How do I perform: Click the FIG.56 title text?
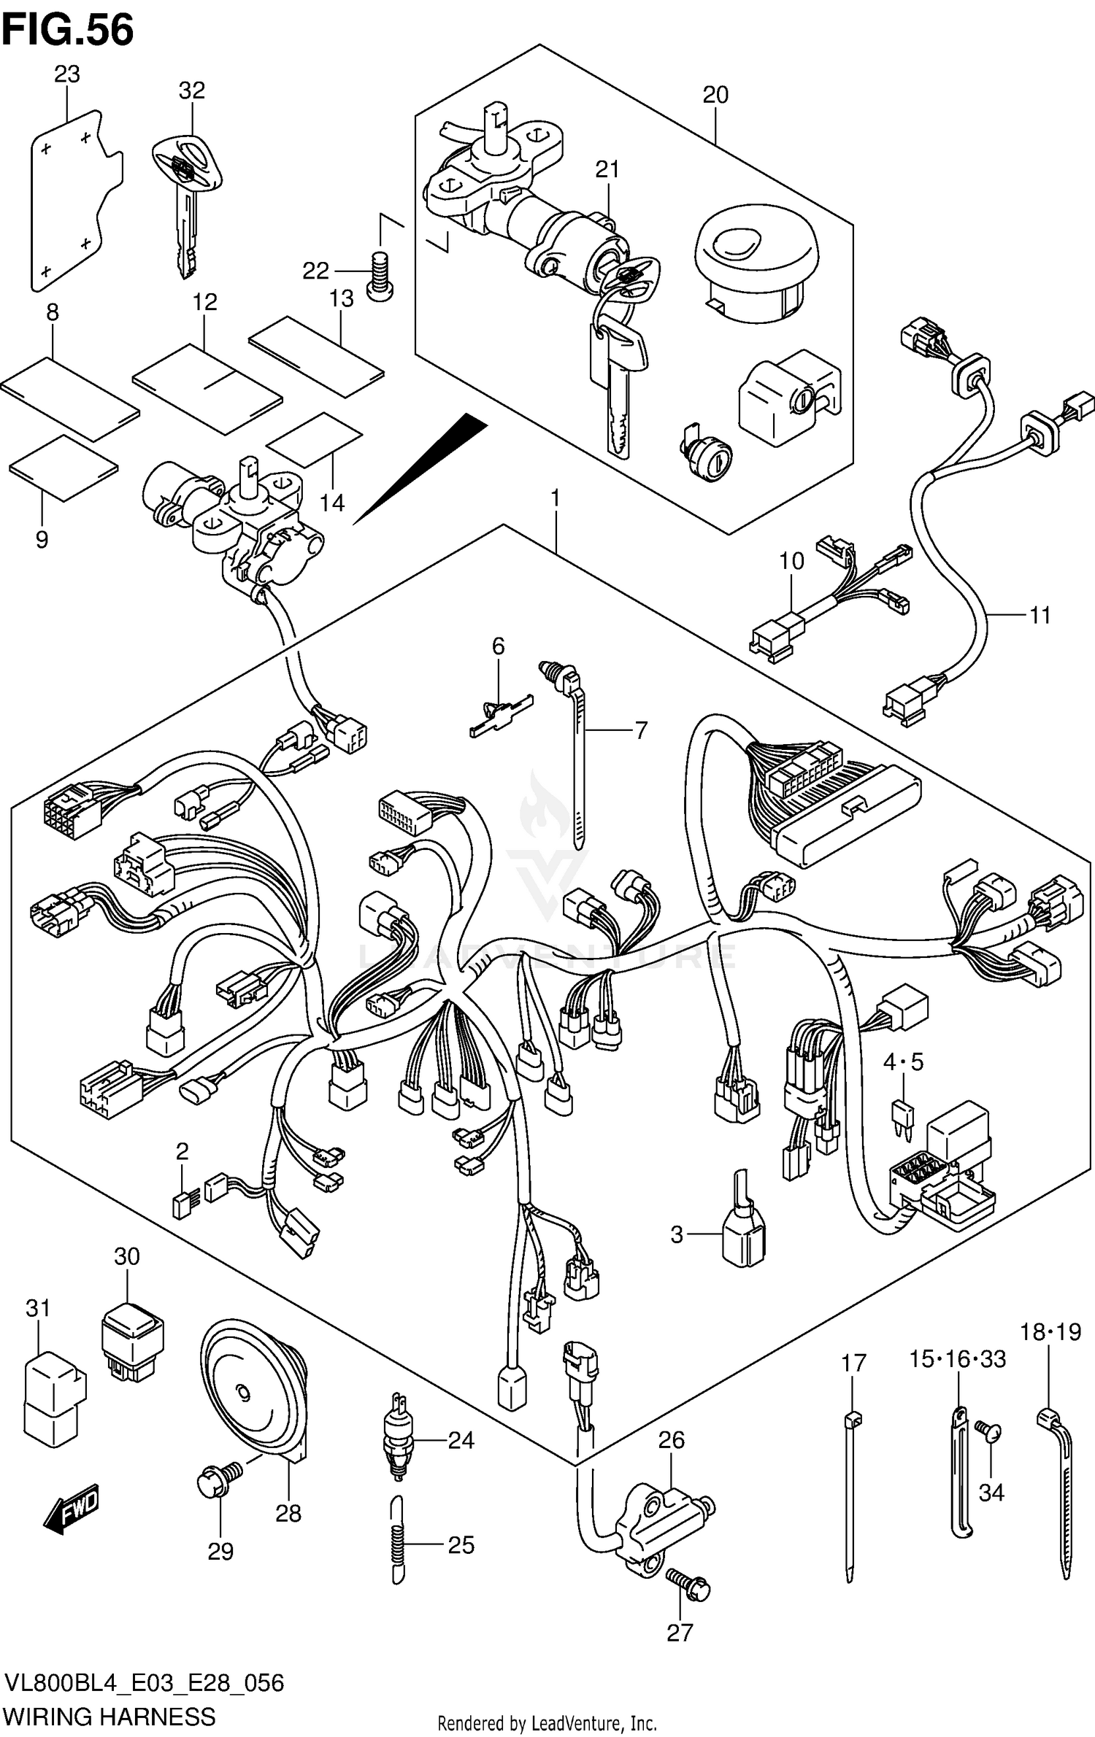click(x=67, y=31)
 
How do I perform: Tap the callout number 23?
click(x=66, y=74)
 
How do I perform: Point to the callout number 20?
click(x=715, y=95)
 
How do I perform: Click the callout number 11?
click(x=1040, y=616)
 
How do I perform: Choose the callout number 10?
click(x=791, y=561)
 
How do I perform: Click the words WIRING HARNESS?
click(x=109, y=1716)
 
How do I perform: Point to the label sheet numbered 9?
click(x=64, y=468)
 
